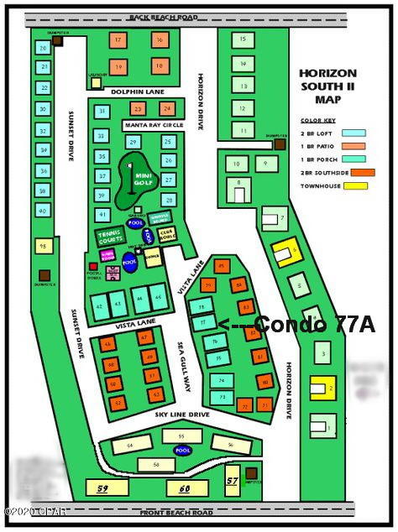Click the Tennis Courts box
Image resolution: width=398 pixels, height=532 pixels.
click(110, 236)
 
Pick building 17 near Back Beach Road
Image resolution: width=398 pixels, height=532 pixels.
click(118, 40)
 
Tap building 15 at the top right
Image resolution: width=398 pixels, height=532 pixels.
click(243, 39)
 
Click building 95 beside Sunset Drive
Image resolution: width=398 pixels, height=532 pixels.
click(42, 246)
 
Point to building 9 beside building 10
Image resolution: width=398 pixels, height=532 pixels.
click(265, 163)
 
